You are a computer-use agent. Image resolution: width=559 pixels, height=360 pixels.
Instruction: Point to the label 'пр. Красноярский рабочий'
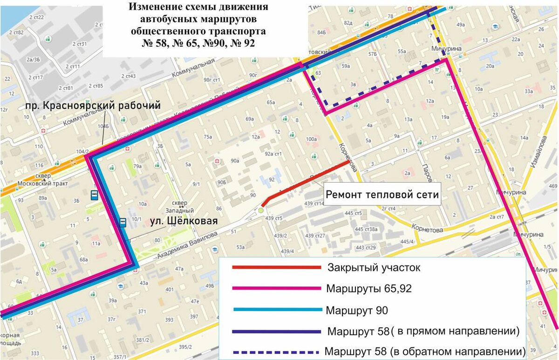pos(93,106)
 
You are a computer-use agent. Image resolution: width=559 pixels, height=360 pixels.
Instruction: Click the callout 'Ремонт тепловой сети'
pos(382,195)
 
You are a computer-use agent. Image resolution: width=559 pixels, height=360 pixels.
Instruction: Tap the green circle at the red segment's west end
pos(261,211)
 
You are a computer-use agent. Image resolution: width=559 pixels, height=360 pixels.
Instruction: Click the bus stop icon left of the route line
pos(94,195)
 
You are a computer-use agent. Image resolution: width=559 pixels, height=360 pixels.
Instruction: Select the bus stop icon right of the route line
pos(123,222)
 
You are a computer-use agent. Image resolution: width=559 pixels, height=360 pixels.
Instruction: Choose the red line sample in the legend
pos(277,268)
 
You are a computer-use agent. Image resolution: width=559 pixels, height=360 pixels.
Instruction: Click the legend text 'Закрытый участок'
pos(374,268)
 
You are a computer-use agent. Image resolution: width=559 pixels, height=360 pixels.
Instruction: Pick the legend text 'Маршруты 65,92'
pos(369,289)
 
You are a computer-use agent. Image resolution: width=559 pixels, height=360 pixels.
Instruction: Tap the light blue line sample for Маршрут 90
pos(277,310)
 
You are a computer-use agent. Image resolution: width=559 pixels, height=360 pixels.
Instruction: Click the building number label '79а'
pos(137,166)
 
